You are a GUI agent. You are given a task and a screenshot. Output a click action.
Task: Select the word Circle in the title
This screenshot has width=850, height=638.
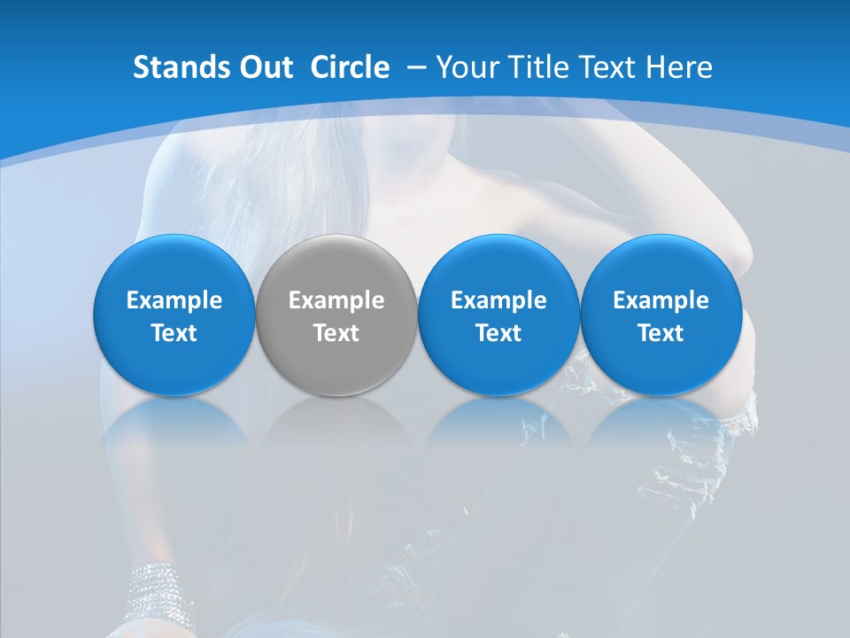pos(350,67)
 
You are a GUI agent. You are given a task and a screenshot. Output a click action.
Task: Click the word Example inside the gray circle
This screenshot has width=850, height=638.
pos(336,300)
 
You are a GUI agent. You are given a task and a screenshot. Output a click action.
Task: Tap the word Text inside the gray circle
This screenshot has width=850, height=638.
pos(336,333)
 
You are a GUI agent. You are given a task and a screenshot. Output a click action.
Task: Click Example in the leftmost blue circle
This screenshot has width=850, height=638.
pos(174,300)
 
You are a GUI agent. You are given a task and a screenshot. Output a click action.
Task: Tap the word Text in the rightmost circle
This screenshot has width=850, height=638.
pos(661,333)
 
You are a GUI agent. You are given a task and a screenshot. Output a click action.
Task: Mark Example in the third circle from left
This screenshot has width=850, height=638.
pos(498,300)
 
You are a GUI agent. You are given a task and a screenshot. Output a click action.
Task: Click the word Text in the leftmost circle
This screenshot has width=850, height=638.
pos(174,333)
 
